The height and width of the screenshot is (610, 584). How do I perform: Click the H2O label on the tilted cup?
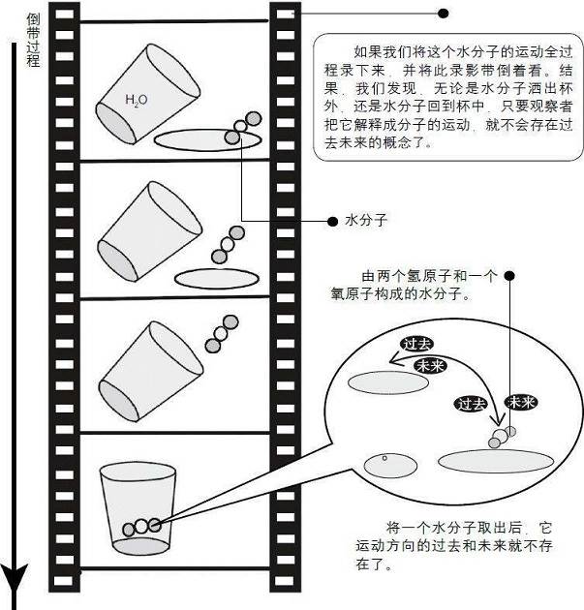tap(136, 100)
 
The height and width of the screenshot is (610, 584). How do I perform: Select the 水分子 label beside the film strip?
tap(366, 220)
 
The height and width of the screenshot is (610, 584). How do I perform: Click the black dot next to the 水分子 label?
tap(330, 220)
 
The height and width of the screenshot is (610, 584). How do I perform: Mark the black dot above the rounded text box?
tap(444, 14)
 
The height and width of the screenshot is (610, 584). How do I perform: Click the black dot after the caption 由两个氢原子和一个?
tap(509, 276)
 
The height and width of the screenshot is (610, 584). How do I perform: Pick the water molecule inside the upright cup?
tap(141, 526)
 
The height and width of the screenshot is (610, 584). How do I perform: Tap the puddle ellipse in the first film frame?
tap(206, 139)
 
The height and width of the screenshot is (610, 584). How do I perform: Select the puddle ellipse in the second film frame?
tap(218, 277)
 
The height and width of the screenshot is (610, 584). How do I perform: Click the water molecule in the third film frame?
tap(221, 331)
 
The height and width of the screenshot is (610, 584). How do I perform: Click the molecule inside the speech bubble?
tap(502, 436)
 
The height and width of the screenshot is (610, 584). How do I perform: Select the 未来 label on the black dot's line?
tap(522, 402)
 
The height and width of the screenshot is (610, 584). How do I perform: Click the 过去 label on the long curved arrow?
tap(416, 345)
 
